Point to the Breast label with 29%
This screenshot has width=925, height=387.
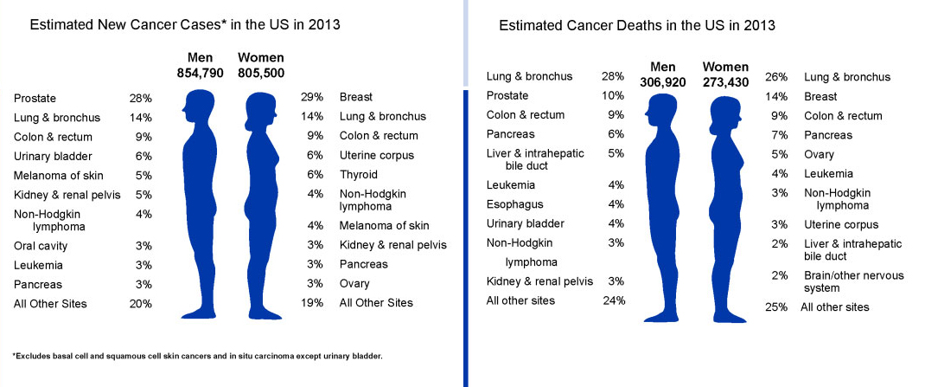pyautogui.click(x=356, y=98)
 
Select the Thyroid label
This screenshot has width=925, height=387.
pyautogui.click(x=358, y=174)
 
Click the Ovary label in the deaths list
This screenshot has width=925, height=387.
pyautogui.click(x=819, y=154)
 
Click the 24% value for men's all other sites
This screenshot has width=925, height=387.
pyautogui.click(x=613, y=300)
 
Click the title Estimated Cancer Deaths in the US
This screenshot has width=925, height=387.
pyautogui.click(x=636, y=25)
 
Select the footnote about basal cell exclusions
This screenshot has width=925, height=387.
pyautogui.click(x=197, y=356)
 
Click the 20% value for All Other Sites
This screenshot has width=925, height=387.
pyautogui.click(x=141, y=303)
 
